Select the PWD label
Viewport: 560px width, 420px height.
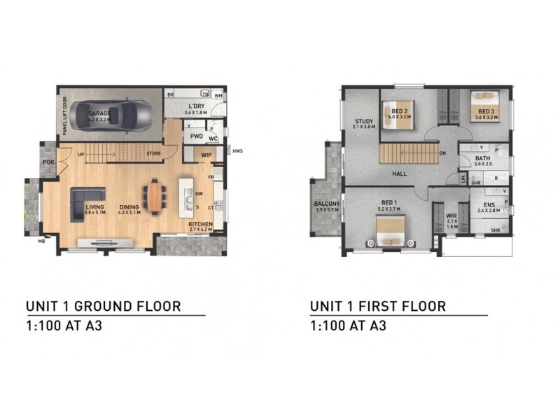[x=197, y=136]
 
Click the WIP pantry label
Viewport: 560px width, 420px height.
[x=206, y=155]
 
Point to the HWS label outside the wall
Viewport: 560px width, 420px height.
[x=238, y=151]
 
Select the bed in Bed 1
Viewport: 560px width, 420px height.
[x=389, y=230]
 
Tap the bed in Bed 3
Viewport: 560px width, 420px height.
[x=484, y=106]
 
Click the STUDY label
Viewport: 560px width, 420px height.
[x=364, y=121]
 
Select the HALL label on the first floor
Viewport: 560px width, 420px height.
[x=400, y=174]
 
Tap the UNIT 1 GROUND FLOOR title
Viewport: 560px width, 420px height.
[x=104, y=306]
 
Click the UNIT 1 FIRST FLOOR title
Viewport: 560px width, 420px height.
[x=378, y=306]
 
